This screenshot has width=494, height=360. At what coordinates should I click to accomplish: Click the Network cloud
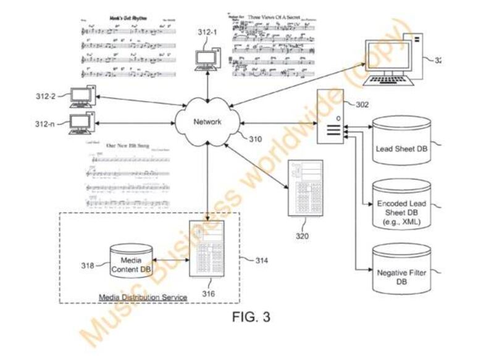207,122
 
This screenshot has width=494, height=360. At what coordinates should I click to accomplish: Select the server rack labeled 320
305,188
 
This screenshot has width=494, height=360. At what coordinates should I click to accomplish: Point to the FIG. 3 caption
251,317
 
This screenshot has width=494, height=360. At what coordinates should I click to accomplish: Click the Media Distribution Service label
143,298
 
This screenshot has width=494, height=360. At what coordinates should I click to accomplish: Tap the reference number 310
254,139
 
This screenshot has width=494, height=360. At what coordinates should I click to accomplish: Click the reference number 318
88,266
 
